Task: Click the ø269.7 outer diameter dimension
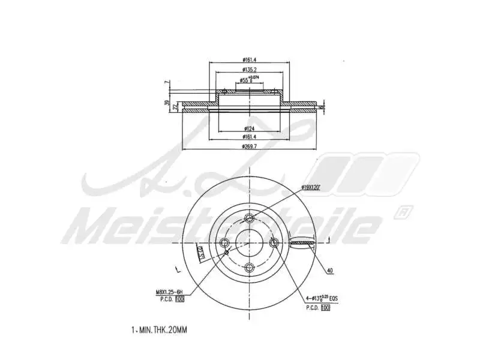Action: [250, 146]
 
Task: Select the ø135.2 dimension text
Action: [250, 70]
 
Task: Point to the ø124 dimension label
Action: [250, 128]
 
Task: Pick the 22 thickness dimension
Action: [175, 106]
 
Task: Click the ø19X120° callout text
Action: [311, 188]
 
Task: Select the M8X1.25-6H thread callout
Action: [169, 292]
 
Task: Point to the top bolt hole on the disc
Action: [250, 217]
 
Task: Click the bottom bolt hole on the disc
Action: [250, 267]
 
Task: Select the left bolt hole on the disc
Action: [225, 242]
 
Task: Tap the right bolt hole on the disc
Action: [275, 242]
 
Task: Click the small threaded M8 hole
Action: [227, 253]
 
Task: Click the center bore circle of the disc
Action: [250, 242]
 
